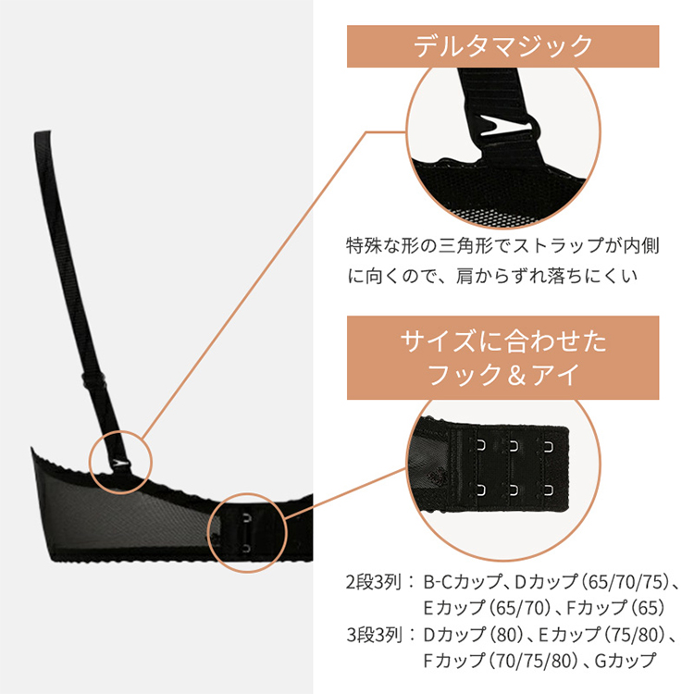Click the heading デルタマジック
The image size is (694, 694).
point(502,45)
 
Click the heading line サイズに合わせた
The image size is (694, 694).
point(502,342)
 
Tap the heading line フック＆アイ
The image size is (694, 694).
point(502,375)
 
